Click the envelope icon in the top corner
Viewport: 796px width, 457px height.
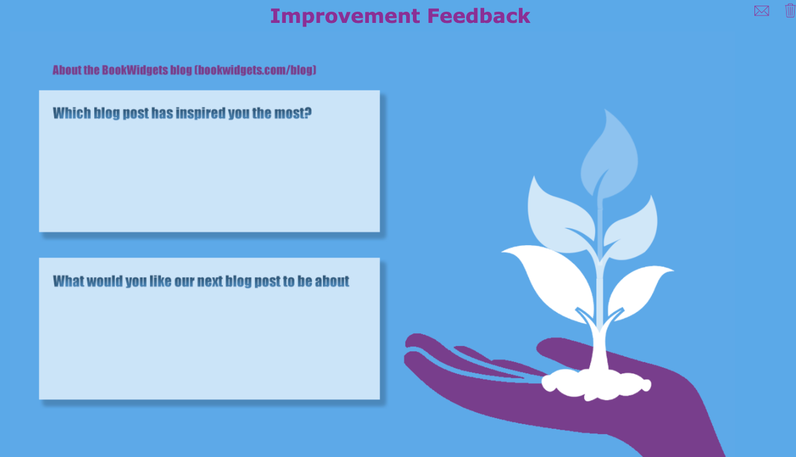click(761, 11)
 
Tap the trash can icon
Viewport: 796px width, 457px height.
click(789, 11)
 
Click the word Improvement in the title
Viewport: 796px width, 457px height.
click(348, 16)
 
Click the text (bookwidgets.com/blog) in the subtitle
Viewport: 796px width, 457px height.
click(255, 70)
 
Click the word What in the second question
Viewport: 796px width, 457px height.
click(68, 281)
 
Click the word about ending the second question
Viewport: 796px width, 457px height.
click(332, 281)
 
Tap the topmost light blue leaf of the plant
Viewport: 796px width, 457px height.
click(611, 155)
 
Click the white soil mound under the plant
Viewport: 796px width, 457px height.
click(595, 384)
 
